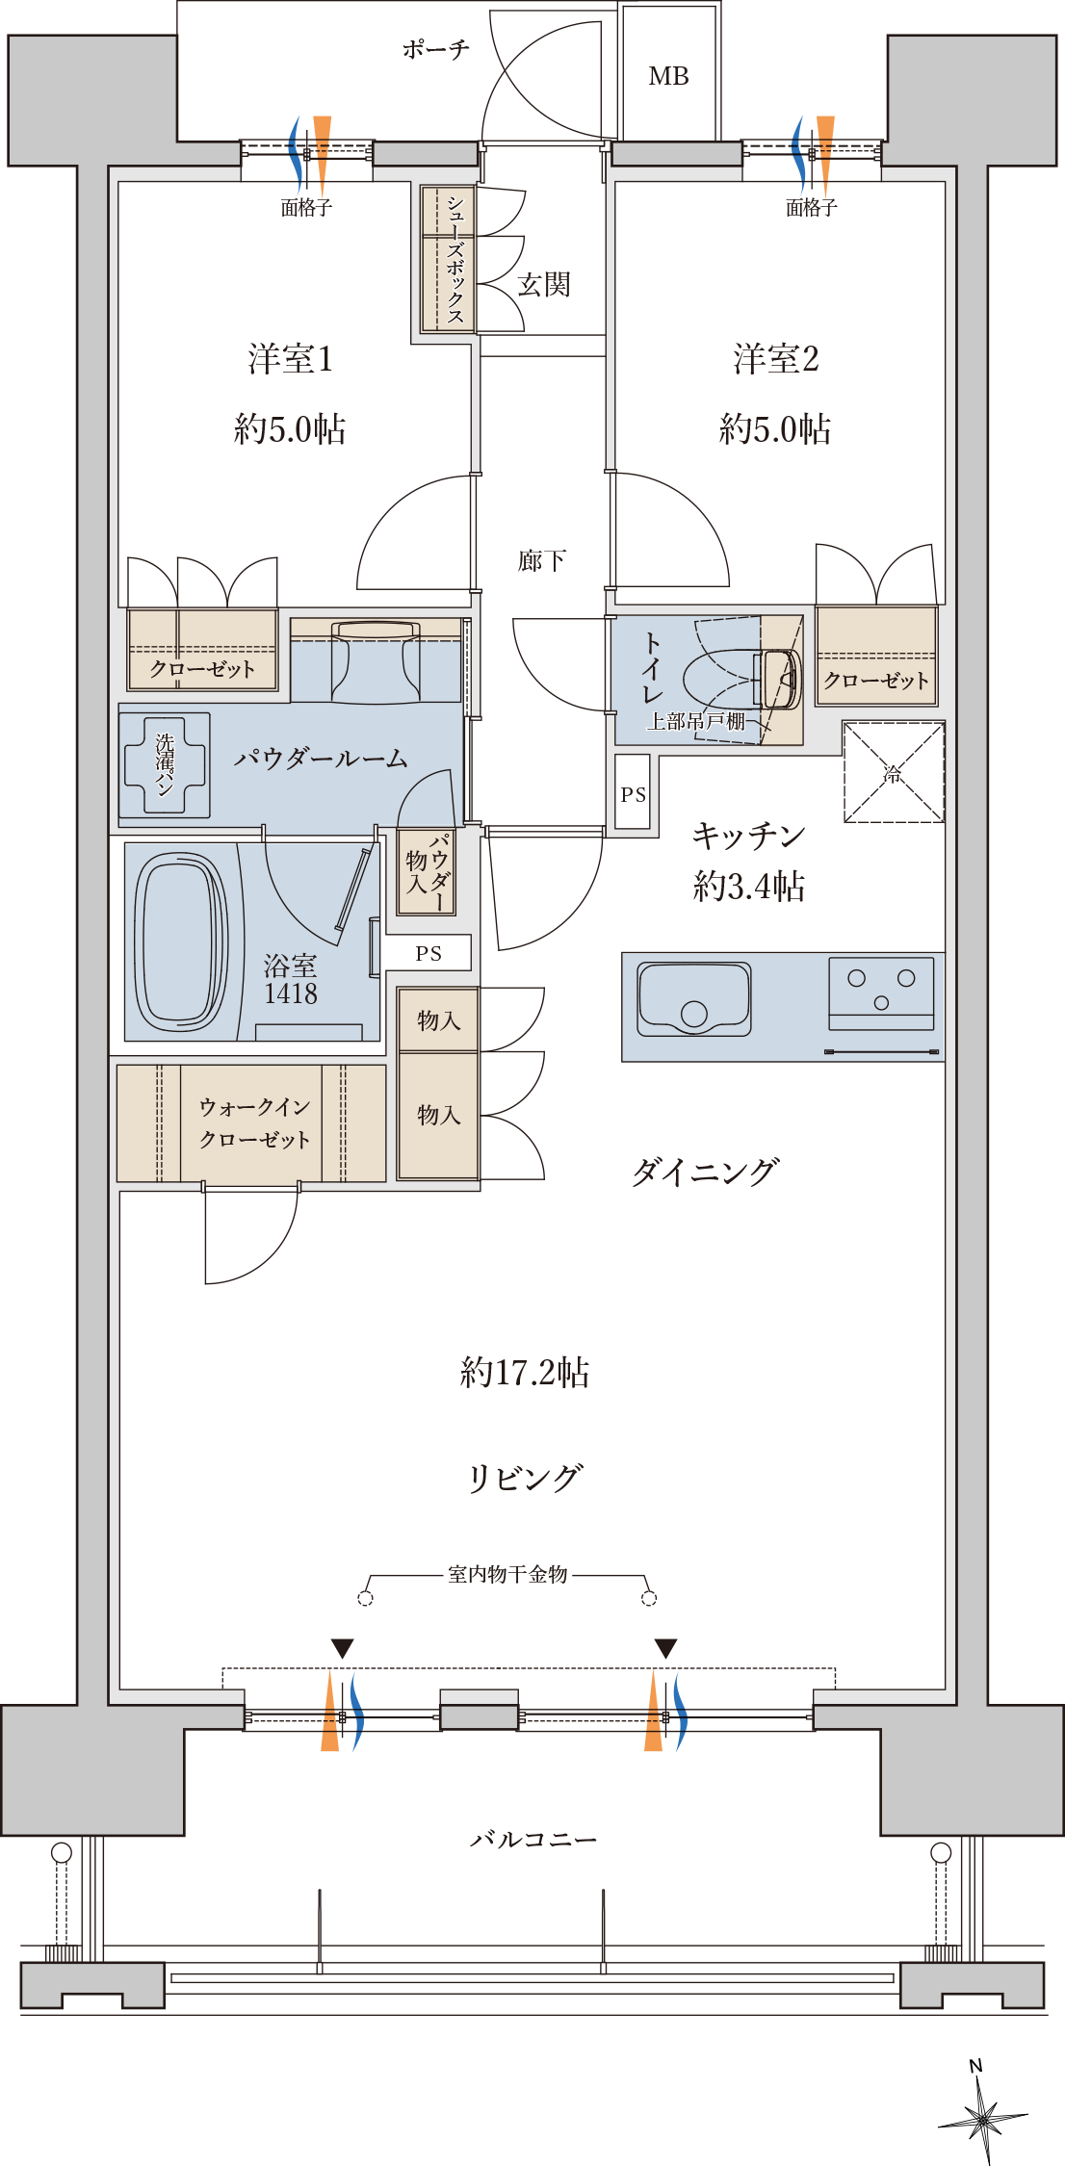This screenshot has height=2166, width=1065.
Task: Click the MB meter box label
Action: (x=668, y=76)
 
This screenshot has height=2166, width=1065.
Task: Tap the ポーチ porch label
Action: (x=435, y=49)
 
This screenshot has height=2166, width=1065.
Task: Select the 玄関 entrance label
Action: (x=544, y=284)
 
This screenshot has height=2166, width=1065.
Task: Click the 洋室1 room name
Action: (x=290, y=359)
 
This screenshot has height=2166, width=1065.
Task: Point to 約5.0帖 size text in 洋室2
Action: (x=775, y=428)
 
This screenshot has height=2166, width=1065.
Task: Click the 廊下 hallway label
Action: (x=541, y=560)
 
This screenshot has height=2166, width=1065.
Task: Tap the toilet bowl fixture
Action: (x=741, y=678)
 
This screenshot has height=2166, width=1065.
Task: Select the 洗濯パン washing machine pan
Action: (x=165, y=765)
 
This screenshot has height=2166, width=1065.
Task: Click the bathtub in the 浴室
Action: (x=180, y=941)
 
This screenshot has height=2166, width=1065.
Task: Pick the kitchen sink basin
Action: (x=694, y=999)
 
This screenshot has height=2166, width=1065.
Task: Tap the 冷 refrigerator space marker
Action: (x=894, y=772)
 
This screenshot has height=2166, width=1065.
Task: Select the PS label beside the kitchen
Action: (x=634, y=795)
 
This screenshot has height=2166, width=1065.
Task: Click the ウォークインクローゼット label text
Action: (x=254, y=1123)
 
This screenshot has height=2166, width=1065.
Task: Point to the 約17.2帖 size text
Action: (x=525, y=1372)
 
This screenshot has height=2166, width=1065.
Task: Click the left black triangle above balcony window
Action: (x=342, y=1649)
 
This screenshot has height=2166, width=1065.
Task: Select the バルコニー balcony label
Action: (x=532, y=1840)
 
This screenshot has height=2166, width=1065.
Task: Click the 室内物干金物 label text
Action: (x=507, y=1575)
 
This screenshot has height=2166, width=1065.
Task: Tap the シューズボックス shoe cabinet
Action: (x=448, y=259)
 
